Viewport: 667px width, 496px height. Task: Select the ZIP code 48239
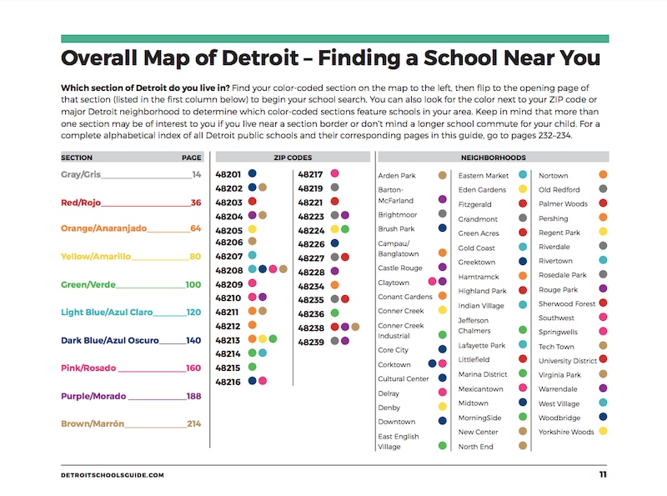[311, 341]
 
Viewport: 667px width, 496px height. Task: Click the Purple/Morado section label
[93, 396]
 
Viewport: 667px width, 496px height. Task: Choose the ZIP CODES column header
[293, 157]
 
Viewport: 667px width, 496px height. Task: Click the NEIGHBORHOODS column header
[493, 157]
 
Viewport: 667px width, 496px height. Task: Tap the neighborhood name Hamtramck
[477, 276]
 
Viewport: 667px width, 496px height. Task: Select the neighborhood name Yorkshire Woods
[566, 432]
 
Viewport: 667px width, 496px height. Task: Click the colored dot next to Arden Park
[443, 176]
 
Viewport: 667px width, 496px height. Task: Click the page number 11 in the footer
[602, 474]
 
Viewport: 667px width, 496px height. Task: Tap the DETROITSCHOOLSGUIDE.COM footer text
[113, 475]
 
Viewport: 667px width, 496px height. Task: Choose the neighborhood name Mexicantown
[481, 388]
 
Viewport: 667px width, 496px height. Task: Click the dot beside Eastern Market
[523, 176]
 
